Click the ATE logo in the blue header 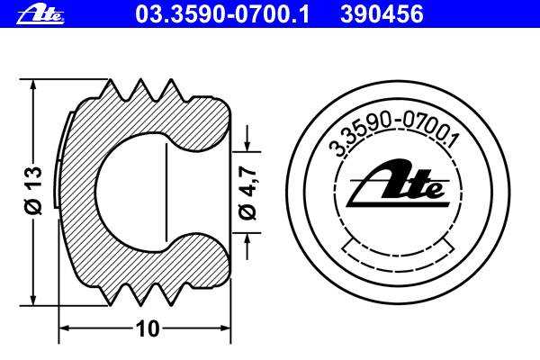pos(40,15)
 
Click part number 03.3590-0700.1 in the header pos(222,14)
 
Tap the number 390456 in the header pos(382,14)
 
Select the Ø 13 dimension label pos(34,190)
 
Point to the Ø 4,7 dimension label pos(248,193)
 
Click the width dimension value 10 pos(148,328)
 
